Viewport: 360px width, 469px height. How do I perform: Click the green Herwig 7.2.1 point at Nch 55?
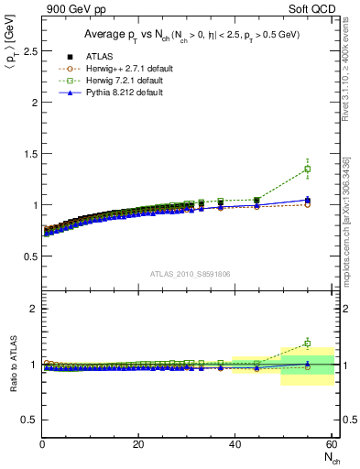pos(307,169)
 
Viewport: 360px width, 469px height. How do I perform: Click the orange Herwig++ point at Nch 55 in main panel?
pos(307,204)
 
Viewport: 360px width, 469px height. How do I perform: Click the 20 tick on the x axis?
pos(138,444)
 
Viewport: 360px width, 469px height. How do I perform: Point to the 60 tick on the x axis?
pos(331,444)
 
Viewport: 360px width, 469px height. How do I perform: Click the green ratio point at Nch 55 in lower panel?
pos(307,344)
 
